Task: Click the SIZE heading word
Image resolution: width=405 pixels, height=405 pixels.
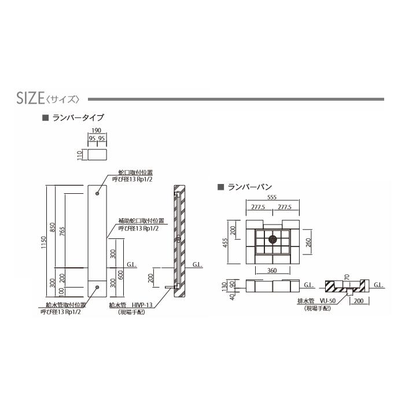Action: click(x=31, y=98)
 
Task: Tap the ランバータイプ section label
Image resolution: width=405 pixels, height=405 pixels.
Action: click(x=78, y=118)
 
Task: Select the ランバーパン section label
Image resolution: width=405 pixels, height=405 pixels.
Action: click(x=250, y=187)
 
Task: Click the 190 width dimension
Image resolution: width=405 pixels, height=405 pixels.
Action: click(x=97, y=130)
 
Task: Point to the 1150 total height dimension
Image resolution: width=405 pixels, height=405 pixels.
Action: click(x=43, y=242)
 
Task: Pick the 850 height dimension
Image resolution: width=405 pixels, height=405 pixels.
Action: click(x=53, y=227)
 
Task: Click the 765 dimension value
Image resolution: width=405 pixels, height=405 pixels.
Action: click(x=62, y=231)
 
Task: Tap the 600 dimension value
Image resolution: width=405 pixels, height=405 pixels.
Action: click(x=120, y=275)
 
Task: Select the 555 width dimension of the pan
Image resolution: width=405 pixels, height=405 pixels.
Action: click(x=272, y=197)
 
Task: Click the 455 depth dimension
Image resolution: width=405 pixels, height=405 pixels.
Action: click(x=226, y=243)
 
